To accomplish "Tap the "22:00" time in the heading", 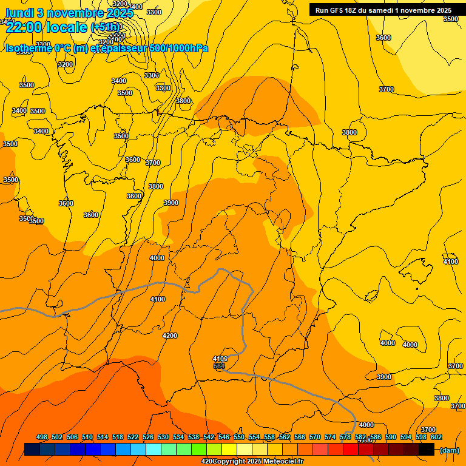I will (22, 27).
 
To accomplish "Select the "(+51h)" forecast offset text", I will (105, 27).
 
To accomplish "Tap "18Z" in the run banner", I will (356, 10).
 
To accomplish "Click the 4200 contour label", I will (170, 336).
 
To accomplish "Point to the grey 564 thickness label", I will (219, 366).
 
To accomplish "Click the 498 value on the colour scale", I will (42, 437).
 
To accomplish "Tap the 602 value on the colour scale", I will (436, 437).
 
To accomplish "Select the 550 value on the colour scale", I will (239, 437).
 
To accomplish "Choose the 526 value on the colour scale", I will (148, 437).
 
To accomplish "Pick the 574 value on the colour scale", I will (330, 437).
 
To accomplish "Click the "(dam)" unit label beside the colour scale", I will (449, 450).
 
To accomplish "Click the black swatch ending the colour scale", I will (426, 450).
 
